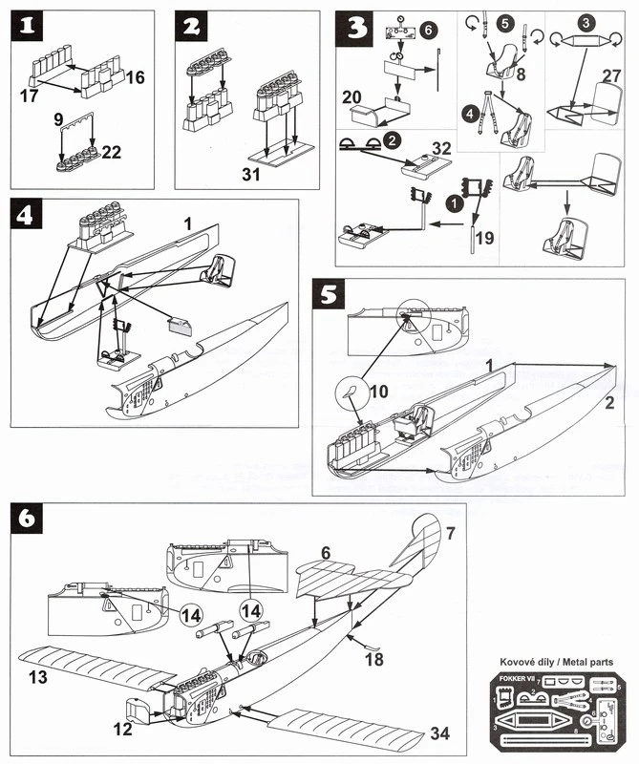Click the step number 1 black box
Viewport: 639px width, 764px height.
(x=29, y=29)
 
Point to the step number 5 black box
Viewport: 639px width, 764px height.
(x=330, y=295)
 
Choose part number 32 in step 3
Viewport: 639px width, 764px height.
(x=441, y=149)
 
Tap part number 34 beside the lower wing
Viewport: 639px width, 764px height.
(x=439, y=733)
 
